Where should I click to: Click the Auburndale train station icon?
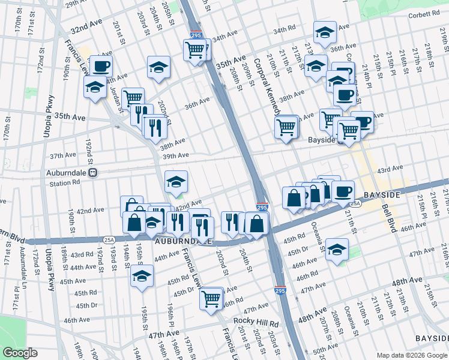(92, 173)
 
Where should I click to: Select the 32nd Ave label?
(87, 29)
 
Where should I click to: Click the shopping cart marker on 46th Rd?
(211, 298)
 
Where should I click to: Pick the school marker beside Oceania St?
(337, 250)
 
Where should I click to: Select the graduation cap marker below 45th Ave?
(142, 276)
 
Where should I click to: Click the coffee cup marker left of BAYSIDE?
(343, 193)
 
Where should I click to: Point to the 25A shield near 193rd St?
(109, 239)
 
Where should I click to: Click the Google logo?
(20, 353)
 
